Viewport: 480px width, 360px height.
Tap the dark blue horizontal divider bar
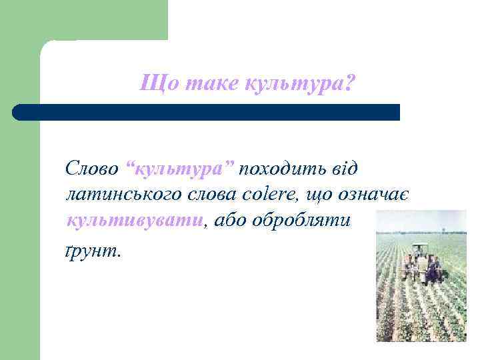(x=206, y=112)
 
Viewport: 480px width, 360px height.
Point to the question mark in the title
(x=351, y=84)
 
